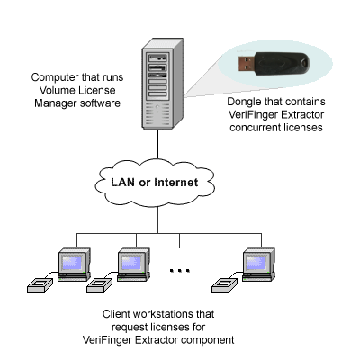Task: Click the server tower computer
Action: [x=162, y=84]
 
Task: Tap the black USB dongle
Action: [x=274, y=64]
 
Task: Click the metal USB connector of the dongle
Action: [x=247, y=63]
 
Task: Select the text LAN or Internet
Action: [x=155, y=183]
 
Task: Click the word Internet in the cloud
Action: [x=176, y=183]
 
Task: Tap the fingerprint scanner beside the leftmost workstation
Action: [x=40, y=285]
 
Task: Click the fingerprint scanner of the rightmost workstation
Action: [x=225, y=285]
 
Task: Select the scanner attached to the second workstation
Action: [x=99, y=285]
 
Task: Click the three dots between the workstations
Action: [x=180, y=271]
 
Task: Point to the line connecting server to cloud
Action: [x=157, y=144]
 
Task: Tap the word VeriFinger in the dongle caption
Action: [x=251, y=114]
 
